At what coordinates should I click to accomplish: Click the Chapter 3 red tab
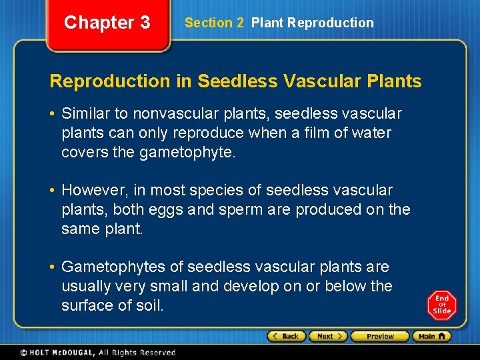pyautogui.click(x=107, y=23)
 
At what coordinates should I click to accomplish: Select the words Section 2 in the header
pyautogui.click(x=214, y=23)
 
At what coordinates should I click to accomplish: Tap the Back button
pyautogui.click(x=286, y=337)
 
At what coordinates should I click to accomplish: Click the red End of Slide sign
pyautogui.click(x=442, y=305)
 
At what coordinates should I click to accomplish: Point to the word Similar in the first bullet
pyautogui.click(x=87, y=114)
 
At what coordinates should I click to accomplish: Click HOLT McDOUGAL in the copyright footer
pyautogui.click(x=67, y=353)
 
